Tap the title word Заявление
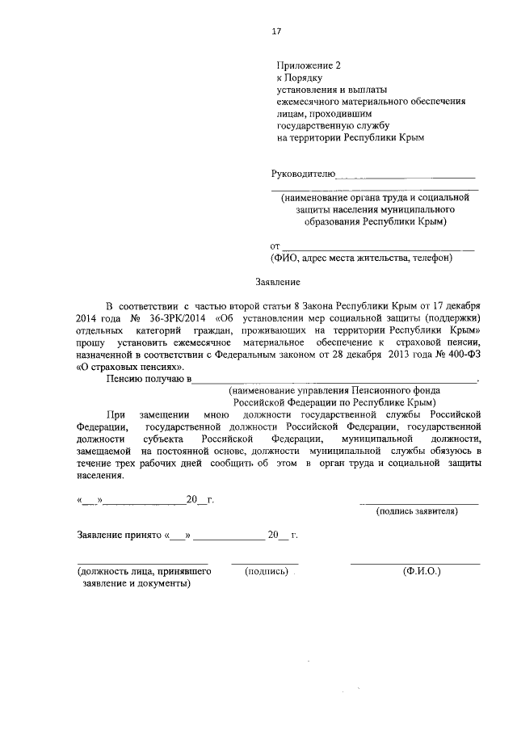pyautogui.click(x=278, y=283)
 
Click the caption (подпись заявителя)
pyautogui.click(x=418, y=511)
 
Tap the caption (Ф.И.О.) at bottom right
pyautogui.click(x=421, y=570)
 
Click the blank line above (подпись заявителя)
pyautogui.click(x=418, y=503)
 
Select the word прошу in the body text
pyautogui.click(x=90, y=342)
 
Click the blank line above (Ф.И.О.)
pyautogui.click(x=415, y=562)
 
